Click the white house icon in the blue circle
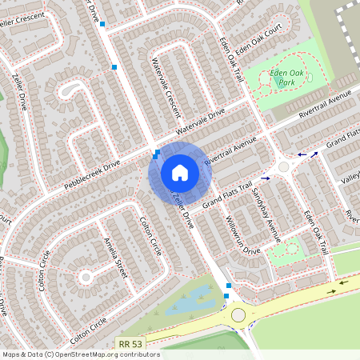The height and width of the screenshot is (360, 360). click(x=180, y=173)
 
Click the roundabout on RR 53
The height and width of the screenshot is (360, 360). click(x=238, y=315)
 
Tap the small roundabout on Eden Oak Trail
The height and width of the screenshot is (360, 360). click(x=283, y=166)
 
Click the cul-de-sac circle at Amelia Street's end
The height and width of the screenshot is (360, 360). click(x=86, y=277)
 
